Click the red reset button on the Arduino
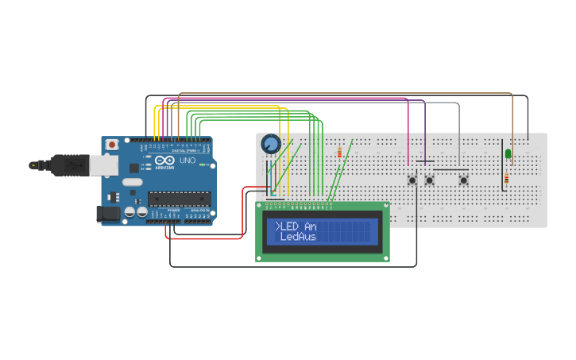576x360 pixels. (112, 145)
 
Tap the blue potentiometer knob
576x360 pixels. (270, 144)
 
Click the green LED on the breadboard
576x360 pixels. (508, 153)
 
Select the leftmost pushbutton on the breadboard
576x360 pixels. (412, 180)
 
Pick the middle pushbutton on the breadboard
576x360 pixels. (430, 180)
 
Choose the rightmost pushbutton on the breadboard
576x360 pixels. (463, 180)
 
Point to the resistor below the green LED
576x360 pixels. (506, 180)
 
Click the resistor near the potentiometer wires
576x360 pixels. (340, 153)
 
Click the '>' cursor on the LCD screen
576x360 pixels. (278, 226)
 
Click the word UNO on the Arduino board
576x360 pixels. (187, 161)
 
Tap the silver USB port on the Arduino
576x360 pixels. (102, 165)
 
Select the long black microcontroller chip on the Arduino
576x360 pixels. (178, 199)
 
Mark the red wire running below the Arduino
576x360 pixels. (204, 237)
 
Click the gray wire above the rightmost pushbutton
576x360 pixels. (458, 127)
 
